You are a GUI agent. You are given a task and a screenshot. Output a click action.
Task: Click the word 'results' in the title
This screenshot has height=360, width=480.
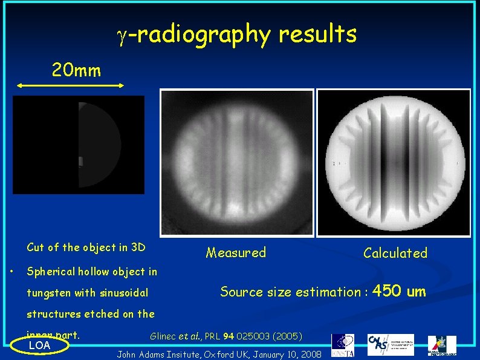317,34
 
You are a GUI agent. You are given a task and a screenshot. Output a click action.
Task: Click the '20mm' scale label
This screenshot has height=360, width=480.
76,71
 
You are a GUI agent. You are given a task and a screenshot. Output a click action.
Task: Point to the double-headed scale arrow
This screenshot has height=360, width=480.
70,87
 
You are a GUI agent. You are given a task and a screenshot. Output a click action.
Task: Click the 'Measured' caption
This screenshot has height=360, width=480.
236,253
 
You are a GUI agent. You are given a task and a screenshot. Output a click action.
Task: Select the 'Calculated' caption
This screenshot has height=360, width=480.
395,253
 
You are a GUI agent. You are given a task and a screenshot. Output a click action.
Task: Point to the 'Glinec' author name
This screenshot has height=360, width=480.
164,335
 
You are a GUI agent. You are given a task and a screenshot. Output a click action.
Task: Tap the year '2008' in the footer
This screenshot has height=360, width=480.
310,353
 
